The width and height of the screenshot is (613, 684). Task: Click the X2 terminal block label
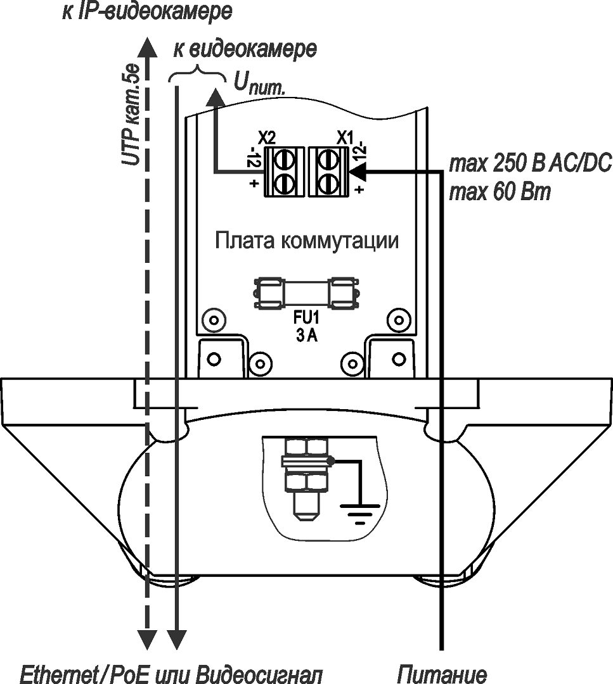267,138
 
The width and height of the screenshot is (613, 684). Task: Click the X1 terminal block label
345,138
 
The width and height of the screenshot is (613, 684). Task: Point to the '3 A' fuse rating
307,336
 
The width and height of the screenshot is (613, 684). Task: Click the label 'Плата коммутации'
307,241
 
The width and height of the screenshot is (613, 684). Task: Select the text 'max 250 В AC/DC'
530,165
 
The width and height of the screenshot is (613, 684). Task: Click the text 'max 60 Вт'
500,192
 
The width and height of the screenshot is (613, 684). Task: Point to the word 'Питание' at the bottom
442,674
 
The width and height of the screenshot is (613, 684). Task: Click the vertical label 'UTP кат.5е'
131,115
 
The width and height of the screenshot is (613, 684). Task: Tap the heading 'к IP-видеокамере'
147,12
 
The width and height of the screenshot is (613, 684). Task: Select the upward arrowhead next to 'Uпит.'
216,98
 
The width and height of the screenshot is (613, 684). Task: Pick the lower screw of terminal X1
327,184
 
